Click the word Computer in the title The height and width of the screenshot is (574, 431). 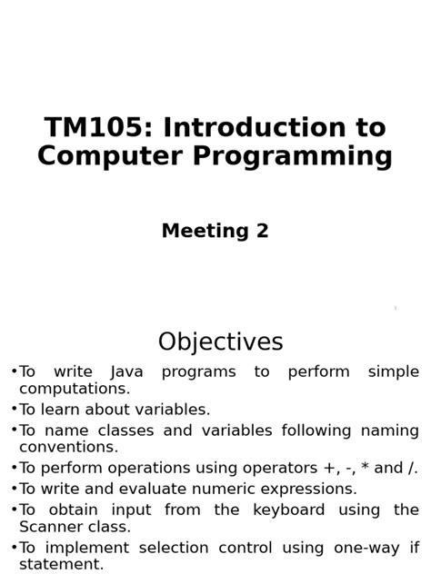coord(102,156)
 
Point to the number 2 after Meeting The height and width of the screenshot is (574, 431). coord(262,231)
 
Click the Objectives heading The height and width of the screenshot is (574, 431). coord(220,342)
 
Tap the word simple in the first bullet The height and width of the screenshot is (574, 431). coord(393,371)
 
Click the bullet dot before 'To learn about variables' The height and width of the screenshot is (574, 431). coord(14,410)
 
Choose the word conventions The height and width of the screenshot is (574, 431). coord(68,447)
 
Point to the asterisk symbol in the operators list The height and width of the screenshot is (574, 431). coord(363,468)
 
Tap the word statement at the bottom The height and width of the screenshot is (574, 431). coord(61,565)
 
